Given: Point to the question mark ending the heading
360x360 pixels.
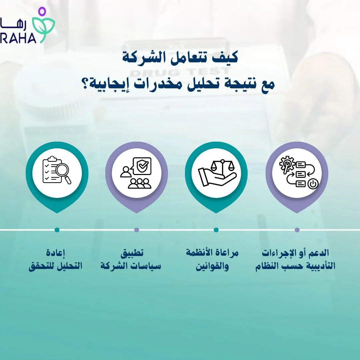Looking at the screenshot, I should point(85,83).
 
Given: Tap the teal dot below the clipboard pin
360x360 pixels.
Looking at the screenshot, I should point(57,230).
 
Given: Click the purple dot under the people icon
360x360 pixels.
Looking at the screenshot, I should point(137,230).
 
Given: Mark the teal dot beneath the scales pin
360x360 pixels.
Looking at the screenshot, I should point(216,230).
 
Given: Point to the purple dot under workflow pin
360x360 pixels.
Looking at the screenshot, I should point(297,230).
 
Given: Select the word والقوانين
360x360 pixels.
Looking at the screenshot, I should point(212,267).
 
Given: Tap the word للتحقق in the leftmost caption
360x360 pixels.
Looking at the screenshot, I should point(39,267).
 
